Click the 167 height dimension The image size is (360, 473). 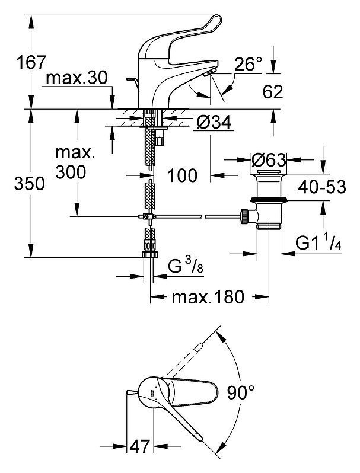click(31, 62)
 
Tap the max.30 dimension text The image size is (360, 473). click(77, 78)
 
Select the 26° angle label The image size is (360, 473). click(248, 63)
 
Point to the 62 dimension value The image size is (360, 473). click(273, 91)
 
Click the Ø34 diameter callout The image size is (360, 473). click(214, 123)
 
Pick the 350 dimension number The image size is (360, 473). click(29, 183)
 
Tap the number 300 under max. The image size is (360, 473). click(71, 172)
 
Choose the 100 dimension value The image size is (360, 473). click(182, 175)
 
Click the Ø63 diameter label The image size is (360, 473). click(268, 160)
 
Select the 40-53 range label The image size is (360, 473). click(322, 187)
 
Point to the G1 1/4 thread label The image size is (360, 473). click(318, 243)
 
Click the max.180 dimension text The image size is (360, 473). click(208, 297)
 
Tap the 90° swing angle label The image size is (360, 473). click(241, 392)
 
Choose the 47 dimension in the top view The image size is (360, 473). click(139, 446)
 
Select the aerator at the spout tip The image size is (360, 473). click(209, 72)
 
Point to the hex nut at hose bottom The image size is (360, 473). click(150, 254)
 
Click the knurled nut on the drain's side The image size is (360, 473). click(244, 216)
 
